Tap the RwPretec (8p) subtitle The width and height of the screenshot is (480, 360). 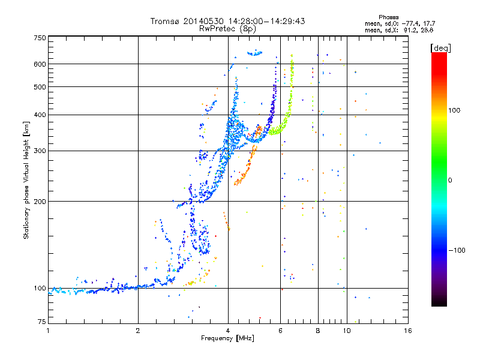pyautogui.click(x=227, y=29)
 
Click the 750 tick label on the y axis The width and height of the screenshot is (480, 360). pyautogui.click(x=40, y=38)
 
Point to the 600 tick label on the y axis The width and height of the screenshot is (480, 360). pyautogui.click(x=40, y=64)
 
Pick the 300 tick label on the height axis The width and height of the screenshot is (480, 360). pyautogui.click(x=40, y=151)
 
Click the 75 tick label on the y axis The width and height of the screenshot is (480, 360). pyautogui.click(x=42, y=322)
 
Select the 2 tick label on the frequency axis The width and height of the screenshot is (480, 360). pyautogui.click(x=138, y=331)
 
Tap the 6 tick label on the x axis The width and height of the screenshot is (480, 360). pyautogui.click(x=280, y=331)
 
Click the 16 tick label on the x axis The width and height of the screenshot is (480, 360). pyautogui.click(x=408, y=331)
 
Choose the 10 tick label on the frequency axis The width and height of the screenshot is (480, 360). pyautogui.click(x=347, y=331)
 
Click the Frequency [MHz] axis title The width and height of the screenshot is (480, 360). pyautogui.click(x=227, y=338)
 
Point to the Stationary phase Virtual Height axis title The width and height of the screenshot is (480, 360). pyautogui.click(x=26, y=180)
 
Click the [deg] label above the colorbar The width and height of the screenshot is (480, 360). pyautogui.click(x=440, y=48)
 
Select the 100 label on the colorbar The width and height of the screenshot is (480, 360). pyautogui.click(x=454, y=110)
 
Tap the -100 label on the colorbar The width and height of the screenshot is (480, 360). pyautogui.click(x=457, y=250)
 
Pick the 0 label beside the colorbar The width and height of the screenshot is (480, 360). pyautogui.click(x=450, y=180)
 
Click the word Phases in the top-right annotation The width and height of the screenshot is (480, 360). pyautogui.click(x=389, y=17)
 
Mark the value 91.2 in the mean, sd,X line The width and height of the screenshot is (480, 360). pyautogui.click(x=410, y=31)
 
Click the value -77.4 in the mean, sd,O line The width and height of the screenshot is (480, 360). pyautogui.click(x=410, y=23)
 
